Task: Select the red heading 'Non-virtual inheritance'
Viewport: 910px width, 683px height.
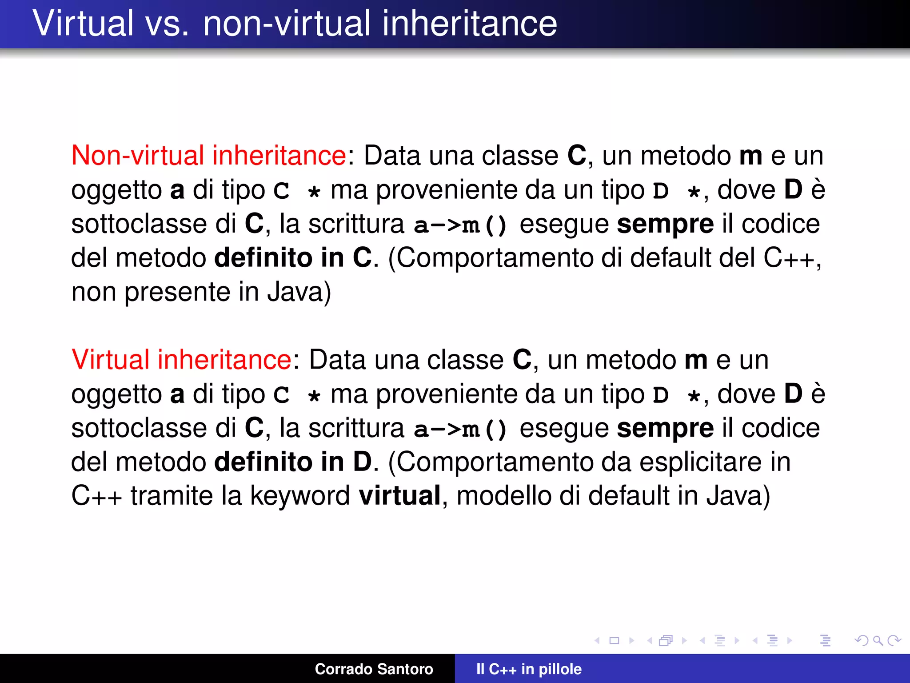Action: click(x=209, y=156)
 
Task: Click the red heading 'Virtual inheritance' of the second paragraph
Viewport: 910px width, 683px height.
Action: click(x=181, y=360)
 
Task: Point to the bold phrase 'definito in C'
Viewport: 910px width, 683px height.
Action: click(x=293, y=258)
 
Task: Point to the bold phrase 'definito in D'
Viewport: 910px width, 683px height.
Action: click(x=293, y=462)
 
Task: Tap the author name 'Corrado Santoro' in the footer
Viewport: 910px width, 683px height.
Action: click(x=374, y=669)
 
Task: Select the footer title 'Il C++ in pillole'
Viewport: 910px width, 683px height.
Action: click(x=529, y=669)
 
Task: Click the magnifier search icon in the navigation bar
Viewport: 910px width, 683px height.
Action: click(x=878, y=641)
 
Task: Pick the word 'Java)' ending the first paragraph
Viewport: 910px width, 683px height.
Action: click(x=299, y=292)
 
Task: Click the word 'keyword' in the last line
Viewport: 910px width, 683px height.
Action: click(x=300, y=496)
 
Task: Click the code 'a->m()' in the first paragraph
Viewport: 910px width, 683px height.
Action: click(x=460, y=225)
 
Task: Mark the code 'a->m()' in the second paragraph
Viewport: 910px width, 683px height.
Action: click(x=460, y=429)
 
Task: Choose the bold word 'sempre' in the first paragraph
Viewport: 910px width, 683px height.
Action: click(x=665, y=224)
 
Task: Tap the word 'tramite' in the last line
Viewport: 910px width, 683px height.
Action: click(x=172, y=496)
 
